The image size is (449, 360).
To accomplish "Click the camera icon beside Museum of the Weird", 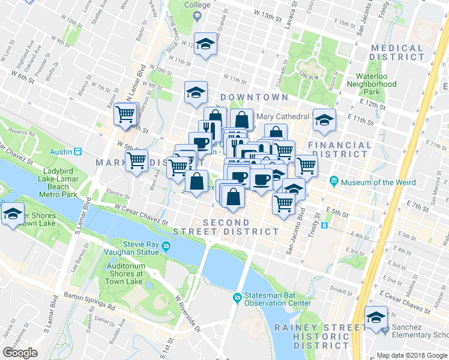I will [334, 181].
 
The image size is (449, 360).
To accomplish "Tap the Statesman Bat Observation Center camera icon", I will [238, 297].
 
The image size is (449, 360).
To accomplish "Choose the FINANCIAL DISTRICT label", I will [340, 150].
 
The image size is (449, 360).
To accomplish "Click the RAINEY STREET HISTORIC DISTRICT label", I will [312, 336].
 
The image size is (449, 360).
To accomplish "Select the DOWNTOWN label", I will [253, 97].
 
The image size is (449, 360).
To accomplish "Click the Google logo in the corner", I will [20, 352].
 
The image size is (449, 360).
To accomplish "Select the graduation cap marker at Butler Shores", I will [12, 214].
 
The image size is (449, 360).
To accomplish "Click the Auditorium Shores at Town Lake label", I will [125, 274].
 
